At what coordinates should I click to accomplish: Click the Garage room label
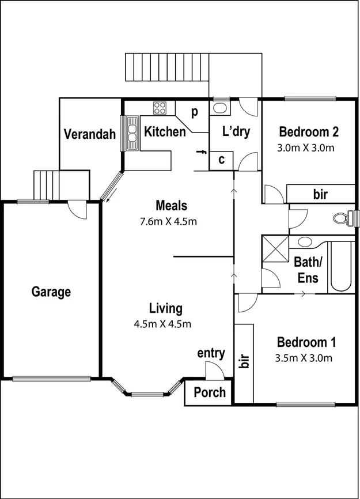[x=51, y=292]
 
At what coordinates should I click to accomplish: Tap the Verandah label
[x=89, y=135]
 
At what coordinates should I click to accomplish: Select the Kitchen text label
[x=165, y=132]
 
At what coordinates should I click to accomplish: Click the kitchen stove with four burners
[x=160, y=108]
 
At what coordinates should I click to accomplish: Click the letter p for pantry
[x=195, y=111]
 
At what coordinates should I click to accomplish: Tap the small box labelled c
[x=221, y=160]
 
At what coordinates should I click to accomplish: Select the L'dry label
[x=236, y=132]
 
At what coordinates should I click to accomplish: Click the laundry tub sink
[x=219, y=107]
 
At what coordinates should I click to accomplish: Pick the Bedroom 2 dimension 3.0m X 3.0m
[x=306, y=147]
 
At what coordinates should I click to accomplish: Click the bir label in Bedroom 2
[x=320, y=194]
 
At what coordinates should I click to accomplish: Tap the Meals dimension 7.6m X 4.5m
[x=172, y=221]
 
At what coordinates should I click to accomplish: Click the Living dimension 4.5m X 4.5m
[x=162, y=323]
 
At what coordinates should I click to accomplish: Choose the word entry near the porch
[x=211, y=353]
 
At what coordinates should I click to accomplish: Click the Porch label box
[x=209, y=393]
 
